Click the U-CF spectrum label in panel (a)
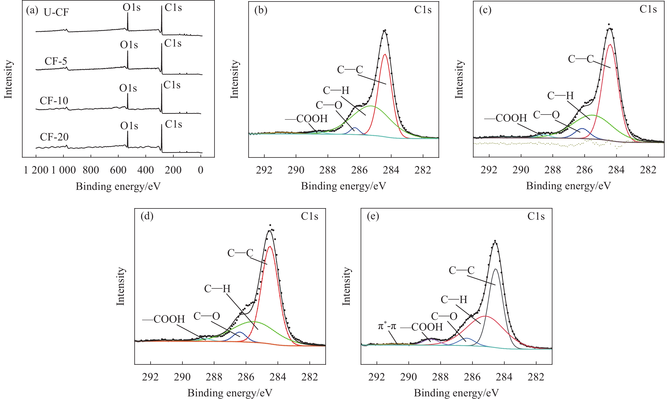[56, 12]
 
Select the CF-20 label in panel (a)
[54, 137]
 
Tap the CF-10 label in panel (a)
[54, 101]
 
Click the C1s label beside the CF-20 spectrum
[173, 124]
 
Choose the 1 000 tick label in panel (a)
[64, 170]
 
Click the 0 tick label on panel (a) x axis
[200, 170]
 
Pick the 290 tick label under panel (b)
[296, 170]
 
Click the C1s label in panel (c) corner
[648, 9]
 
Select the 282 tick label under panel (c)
[648, 170]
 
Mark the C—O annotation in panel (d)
[207, 316]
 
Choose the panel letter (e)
[373, 216]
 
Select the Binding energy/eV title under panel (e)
[456, 393]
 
